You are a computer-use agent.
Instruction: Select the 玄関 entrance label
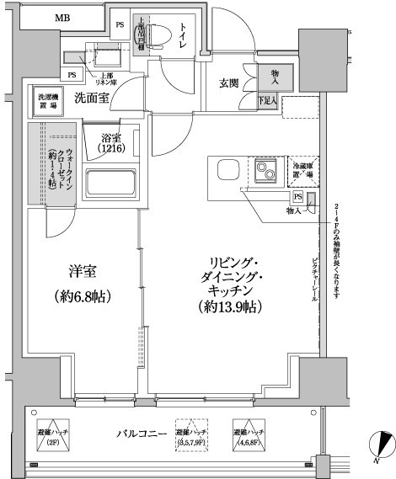coord(229,82)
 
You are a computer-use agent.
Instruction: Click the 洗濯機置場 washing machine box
coord(48,102)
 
